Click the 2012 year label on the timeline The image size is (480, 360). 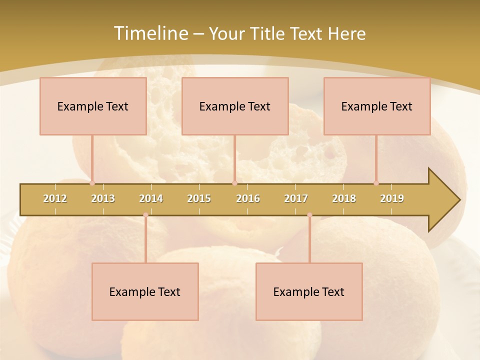[55, 198]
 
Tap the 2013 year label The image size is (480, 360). [103, 198]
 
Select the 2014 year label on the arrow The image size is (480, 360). [151, 198]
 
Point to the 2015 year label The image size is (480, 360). [199, 198]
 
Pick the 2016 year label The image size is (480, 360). [248, 198]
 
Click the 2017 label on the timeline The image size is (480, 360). [296, 198]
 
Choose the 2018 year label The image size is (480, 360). [344, 198]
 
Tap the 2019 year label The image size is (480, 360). [392, 198]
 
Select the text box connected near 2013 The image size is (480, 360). [93, 106]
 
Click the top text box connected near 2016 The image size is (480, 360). [235, 106]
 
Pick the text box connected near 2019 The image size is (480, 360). [377, 106]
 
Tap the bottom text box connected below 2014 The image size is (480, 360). [145, 291]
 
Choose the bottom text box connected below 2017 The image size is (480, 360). [309, 291]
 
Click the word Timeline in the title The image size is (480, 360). [150, 33]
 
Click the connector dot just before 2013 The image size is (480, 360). [92, 183]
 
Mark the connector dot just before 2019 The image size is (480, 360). [376, 183]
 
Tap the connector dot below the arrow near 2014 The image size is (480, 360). [145, 215]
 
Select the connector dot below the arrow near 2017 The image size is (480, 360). [309, 215]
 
